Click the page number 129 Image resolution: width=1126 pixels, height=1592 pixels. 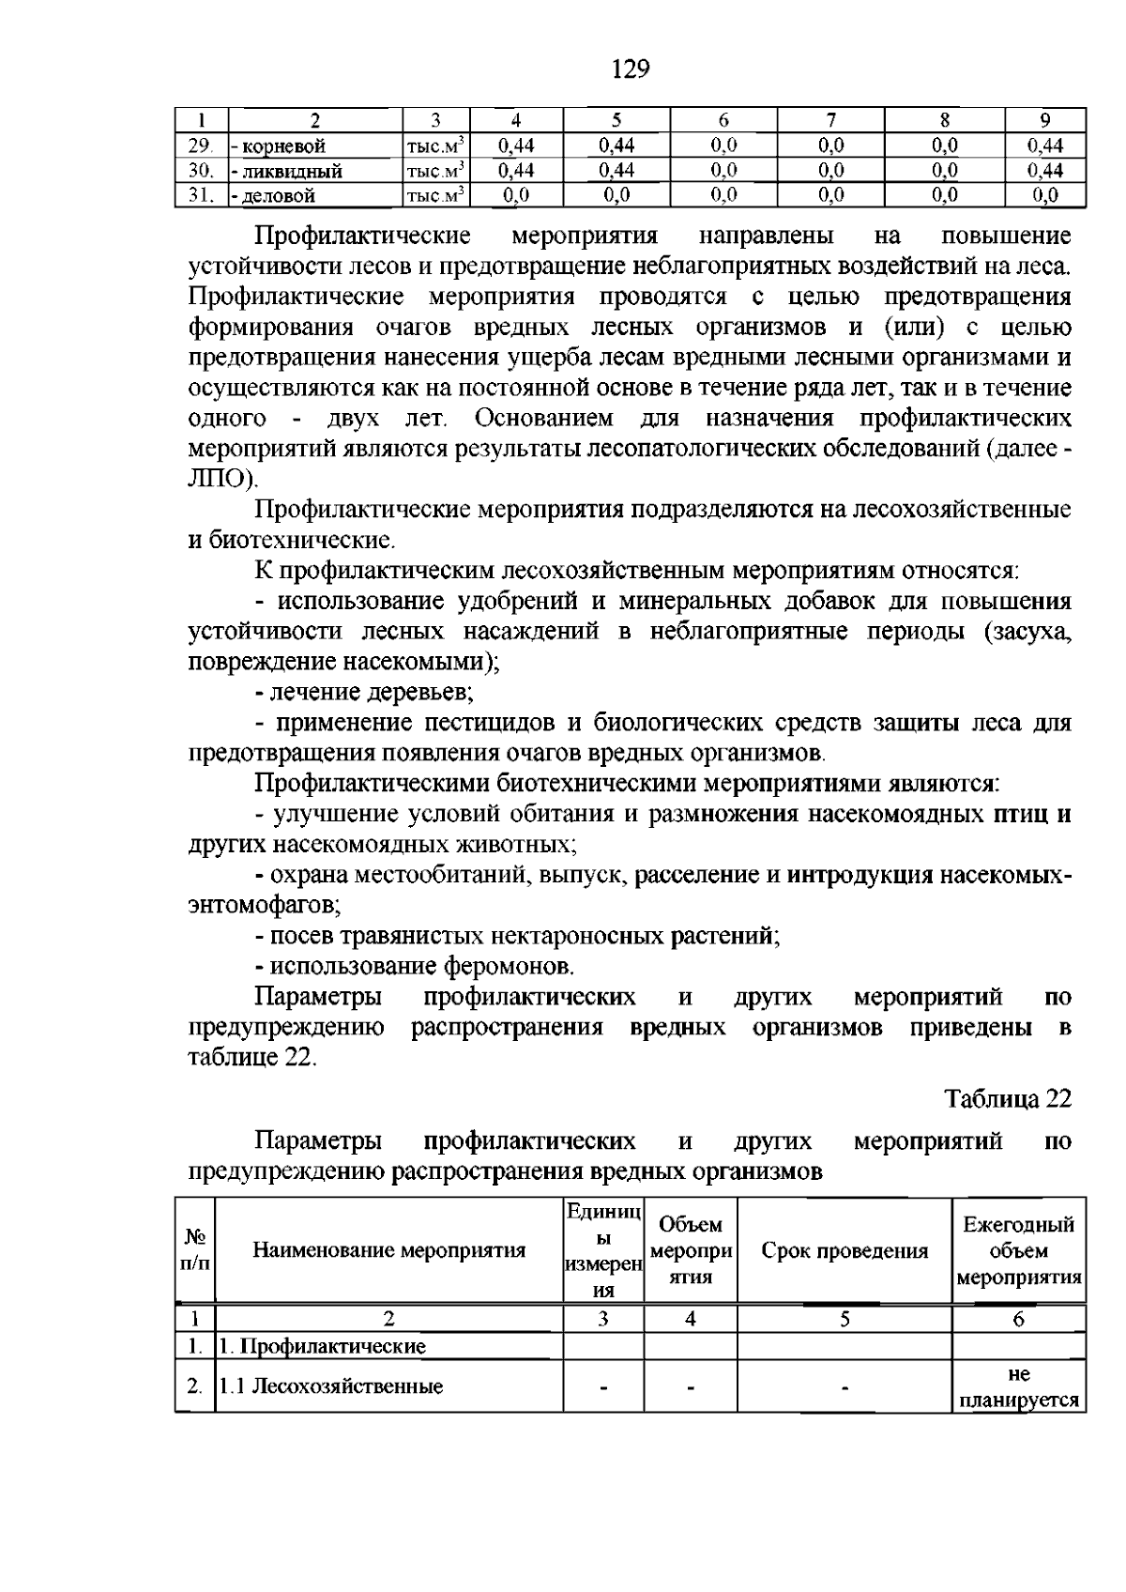tap(630, 69)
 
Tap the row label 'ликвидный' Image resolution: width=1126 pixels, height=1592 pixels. tap(289, 171)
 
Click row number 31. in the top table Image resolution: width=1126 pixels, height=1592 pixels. tap(200, 195)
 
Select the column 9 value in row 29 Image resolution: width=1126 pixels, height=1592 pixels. tap(1044, 145)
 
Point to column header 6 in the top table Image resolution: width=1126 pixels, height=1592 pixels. tap(723, 120)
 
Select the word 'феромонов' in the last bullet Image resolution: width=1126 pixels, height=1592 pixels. tap(508, 966)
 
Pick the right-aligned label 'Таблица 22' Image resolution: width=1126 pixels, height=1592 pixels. tap(1008, 1099)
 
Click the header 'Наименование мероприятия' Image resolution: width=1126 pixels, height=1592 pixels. tap(388, 1250)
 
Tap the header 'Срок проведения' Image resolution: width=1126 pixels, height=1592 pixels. tap(844, 1250)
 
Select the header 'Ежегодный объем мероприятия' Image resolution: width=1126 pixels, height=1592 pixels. tap(1019, 1250)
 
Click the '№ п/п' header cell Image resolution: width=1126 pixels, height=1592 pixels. tap(195, 1250)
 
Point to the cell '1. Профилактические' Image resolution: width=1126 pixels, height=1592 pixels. tap(322, 1347)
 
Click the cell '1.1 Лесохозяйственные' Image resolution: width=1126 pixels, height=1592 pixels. tap(330, 1386)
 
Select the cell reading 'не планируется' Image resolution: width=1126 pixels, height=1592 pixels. tap(1019, 1387)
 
